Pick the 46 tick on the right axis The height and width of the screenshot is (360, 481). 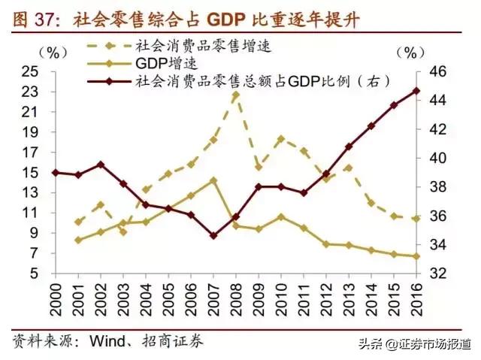tap(438, 71)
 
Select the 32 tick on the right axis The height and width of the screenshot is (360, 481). tap(438, 274)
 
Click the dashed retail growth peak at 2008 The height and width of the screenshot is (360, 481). tap(236, 95)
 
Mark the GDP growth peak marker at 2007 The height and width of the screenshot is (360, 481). tap(213, 180)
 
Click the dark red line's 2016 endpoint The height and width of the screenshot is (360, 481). tap(417, 91)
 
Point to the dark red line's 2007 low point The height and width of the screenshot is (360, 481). tap(213, 235)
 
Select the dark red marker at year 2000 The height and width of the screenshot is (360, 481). tap(55, 172)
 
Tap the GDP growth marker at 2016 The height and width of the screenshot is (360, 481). tap(417, 256)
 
